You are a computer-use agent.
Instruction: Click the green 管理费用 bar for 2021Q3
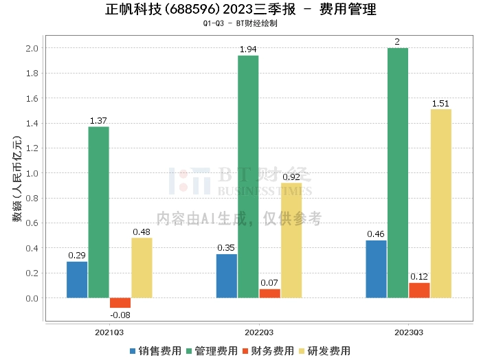pos(98,212)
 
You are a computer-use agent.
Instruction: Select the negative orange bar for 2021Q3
pos(120,303)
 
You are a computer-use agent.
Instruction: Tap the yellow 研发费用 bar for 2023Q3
pos(440,203)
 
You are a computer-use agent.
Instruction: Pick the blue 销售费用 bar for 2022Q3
pos(226,276)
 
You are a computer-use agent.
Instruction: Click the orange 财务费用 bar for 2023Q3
pos(419,291)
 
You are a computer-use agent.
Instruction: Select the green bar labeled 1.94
pos(248,177)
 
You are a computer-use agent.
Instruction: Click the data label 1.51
pos(440,104)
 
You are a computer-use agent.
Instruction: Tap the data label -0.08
pos(120,315)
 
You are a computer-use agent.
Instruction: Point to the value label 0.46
pos(376,234)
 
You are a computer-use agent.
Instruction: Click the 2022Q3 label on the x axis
pos(258,332)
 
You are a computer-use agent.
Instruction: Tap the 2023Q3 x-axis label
pos(408,332)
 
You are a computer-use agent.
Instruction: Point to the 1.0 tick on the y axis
pos(32,173)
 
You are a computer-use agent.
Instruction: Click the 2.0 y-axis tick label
pos(32,48)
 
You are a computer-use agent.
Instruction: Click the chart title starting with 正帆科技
pos(240,10)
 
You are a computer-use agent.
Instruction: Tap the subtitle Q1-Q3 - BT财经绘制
pos(240,23)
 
